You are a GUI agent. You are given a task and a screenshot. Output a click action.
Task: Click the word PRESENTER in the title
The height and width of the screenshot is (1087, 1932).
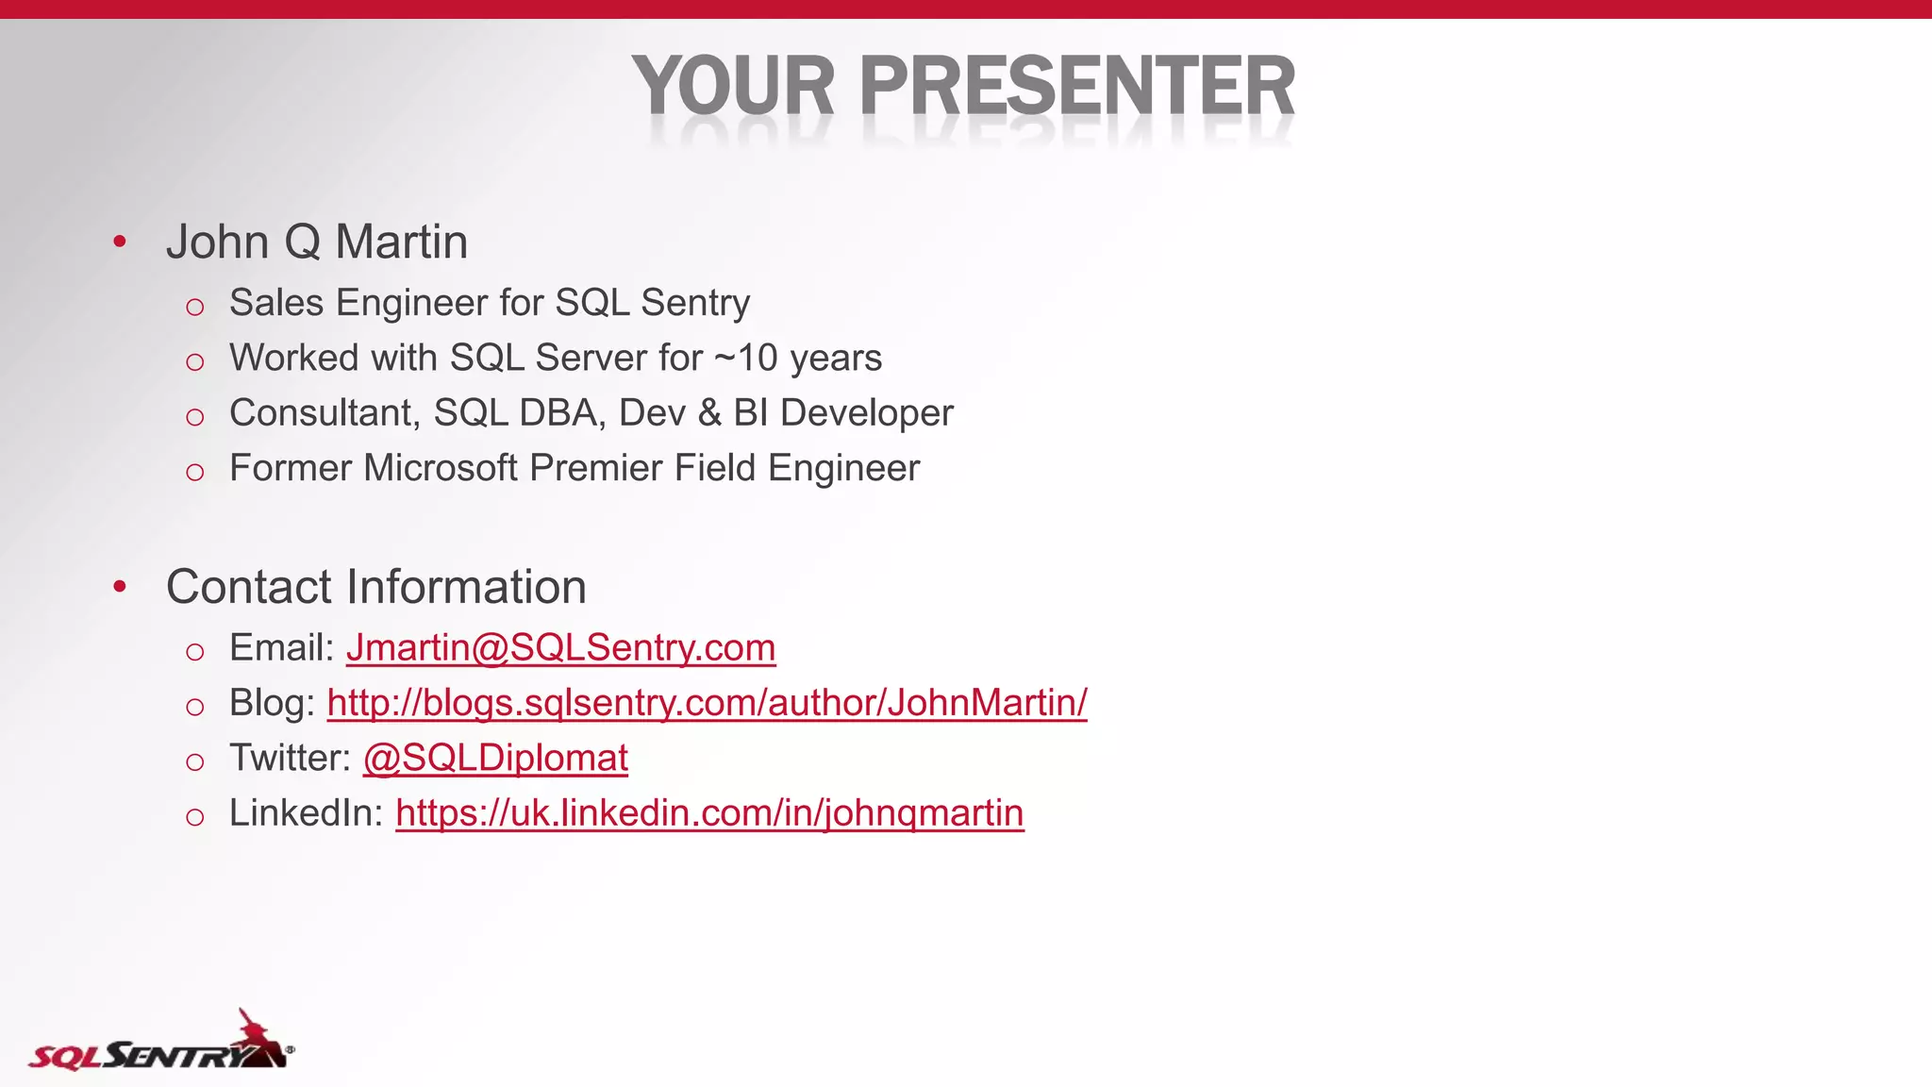(x=1077, y=87)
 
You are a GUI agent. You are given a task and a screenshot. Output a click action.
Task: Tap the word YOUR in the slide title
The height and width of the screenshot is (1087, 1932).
(x=733, y=87)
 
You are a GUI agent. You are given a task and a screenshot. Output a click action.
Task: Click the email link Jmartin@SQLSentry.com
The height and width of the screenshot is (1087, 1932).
(x=560, y=648)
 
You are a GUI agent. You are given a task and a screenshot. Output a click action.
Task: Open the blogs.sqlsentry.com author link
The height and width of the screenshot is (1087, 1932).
(x=707, y=703)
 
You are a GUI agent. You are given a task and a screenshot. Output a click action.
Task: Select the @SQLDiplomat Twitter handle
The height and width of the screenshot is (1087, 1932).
(x=495, y=758)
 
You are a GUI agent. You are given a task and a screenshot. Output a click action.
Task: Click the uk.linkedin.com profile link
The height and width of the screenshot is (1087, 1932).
(x=709, y=813)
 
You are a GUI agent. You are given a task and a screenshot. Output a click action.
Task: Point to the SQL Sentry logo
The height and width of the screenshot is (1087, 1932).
(x=160, y=1045)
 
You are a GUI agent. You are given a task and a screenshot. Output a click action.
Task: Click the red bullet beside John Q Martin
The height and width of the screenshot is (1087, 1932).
(x=120, y=242)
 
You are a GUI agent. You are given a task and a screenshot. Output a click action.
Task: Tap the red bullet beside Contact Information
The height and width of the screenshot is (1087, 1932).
(x=120, y=587)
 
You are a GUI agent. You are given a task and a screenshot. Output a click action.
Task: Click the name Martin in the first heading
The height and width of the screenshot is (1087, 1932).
(x=401, y=242)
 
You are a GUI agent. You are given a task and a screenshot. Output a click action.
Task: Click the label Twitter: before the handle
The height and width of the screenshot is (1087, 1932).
(x=290, y=758)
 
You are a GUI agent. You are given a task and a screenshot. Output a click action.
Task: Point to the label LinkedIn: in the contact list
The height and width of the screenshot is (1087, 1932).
(x=306, y=813)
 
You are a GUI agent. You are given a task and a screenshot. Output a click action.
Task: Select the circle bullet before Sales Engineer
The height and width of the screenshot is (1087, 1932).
(x=195, y=307)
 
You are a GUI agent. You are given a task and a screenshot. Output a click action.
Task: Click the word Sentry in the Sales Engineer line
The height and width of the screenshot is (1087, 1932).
(x=695, y=303)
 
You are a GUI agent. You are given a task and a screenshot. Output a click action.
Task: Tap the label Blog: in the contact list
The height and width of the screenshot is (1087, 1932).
(x=272, y=703)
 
